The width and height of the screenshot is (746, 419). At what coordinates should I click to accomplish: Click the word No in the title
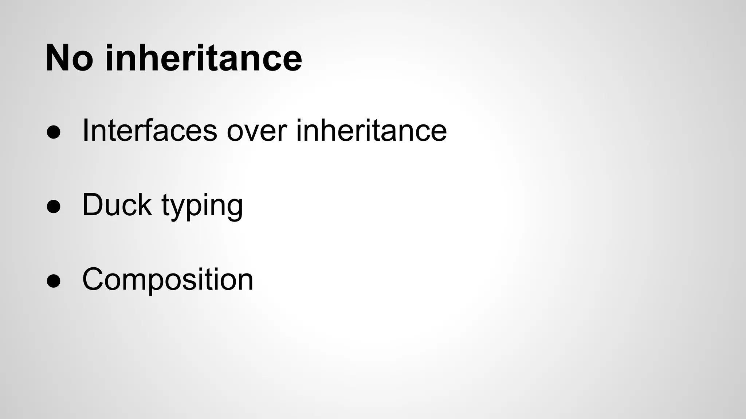tap(69, 58)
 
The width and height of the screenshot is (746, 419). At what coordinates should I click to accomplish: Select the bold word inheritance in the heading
tap(204, 58)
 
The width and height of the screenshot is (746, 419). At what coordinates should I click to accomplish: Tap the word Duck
tap(117, 204)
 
